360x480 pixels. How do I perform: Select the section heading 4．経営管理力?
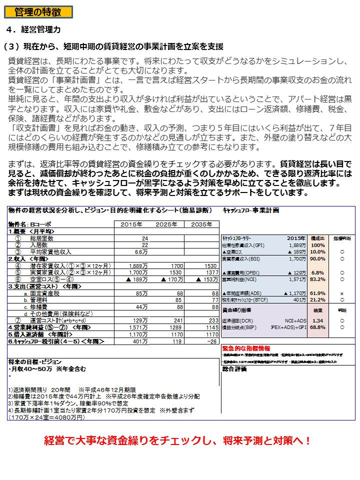(x=34, y=29)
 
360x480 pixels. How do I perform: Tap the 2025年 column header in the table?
(x=166, y=224)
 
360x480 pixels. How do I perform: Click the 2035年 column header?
(x=202, y=224)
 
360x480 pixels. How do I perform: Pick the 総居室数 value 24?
(x=145, y=238)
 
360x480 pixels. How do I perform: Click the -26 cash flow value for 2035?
(x=212, y=341)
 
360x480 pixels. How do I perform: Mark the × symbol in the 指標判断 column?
(x=341, y=293)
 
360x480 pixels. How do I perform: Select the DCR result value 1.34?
(x=317, y=320)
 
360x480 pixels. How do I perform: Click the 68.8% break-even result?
(x=317, y=327)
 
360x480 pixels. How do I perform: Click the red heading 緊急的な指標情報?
(x=246, y=347)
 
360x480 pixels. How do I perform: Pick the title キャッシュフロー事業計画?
(x=250, y=210)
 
